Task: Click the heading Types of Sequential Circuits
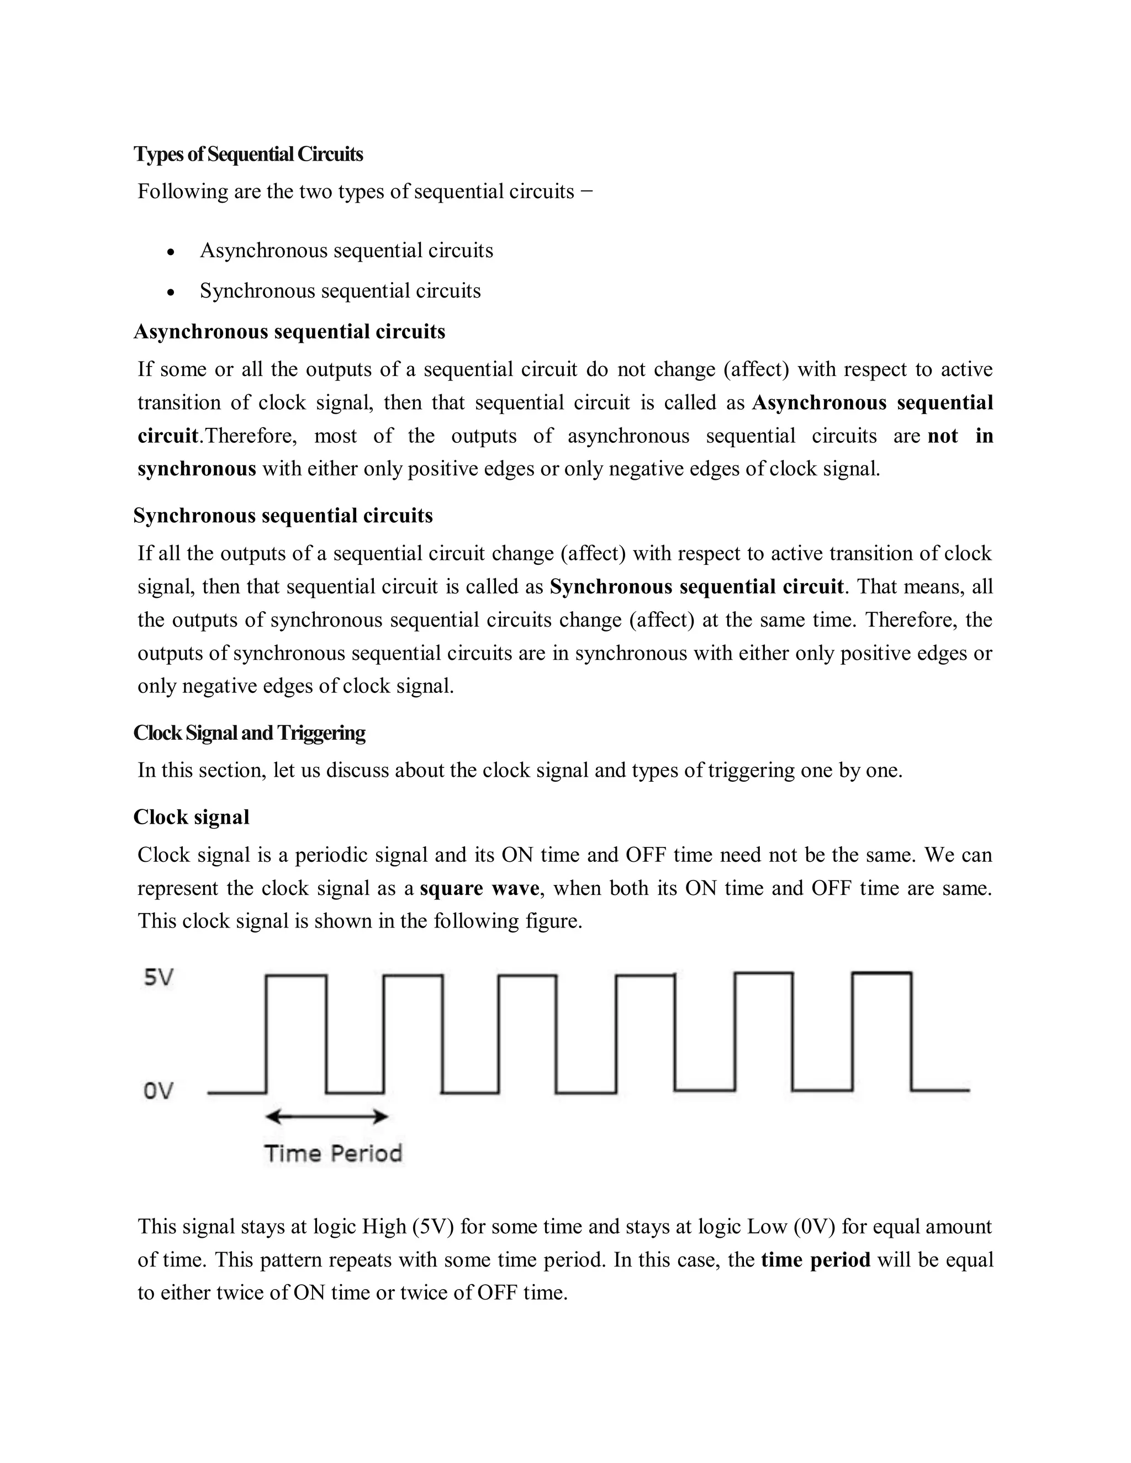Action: [248, 154]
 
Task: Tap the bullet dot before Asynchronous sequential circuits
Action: [172, 252]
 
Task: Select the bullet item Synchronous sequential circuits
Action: [340, 291]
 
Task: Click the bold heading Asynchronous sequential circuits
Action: [289, 332]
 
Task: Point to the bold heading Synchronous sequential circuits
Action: [283, 515]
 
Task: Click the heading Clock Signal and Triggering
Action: [249, 732]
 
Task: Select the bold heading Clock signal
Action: [191, 817]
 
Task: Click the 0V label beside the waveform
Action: [158, 1091]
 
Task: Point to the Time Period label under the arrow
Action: [333, 1153]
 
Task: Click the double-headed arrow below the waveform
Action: [326, 1117]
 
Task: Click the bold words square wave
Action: [479, 888]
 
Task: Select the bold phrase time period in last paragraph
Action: [816, 1259]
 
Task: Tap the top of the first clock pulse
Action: [296, 976]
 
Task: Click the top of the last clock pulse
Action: [882, 973]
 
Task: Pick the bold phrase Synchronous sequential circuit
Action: [696, 587]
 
